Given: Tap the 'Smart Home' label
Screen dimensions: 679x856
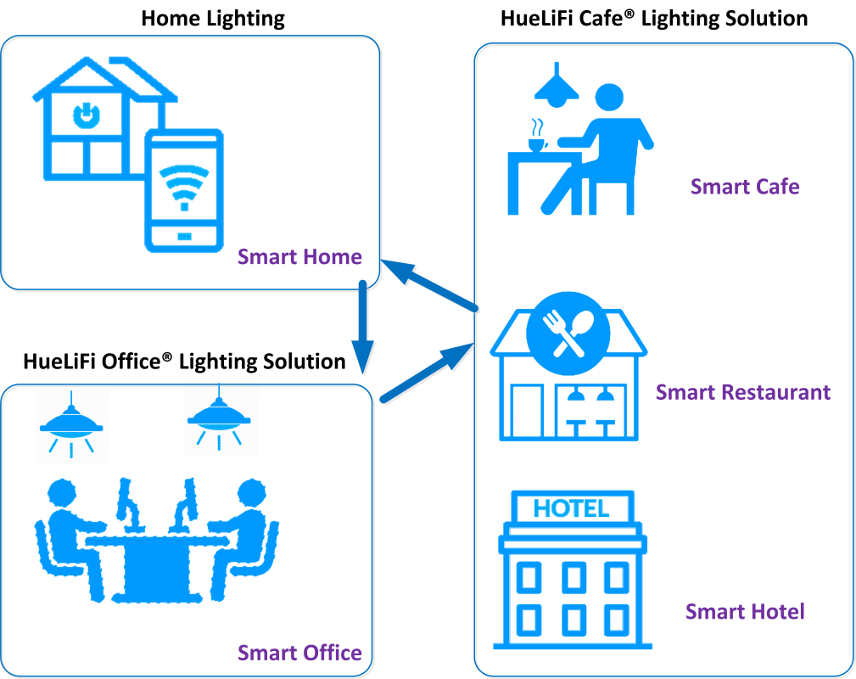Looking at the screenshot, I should pyautogui.click(x=299, y=257).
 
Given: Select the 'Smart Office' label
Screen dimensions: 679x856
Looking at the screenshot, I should pyautogui.click(x=299, y=653).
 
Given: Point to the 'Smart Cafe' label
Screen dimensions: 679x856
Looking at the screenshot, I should pyautogui.click(x=745, y=187).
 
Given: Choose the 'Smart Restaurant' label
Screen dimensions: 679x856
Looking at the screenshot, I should pyautogui.click(x=743, y=392).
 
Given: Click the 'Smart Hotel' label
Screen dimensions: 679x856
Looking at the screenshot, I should pyautogui.click(x=745, y=612).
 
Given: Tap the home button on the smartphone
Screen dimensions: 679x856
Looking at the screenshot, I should pyautogui.click(x=184, y=235).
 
